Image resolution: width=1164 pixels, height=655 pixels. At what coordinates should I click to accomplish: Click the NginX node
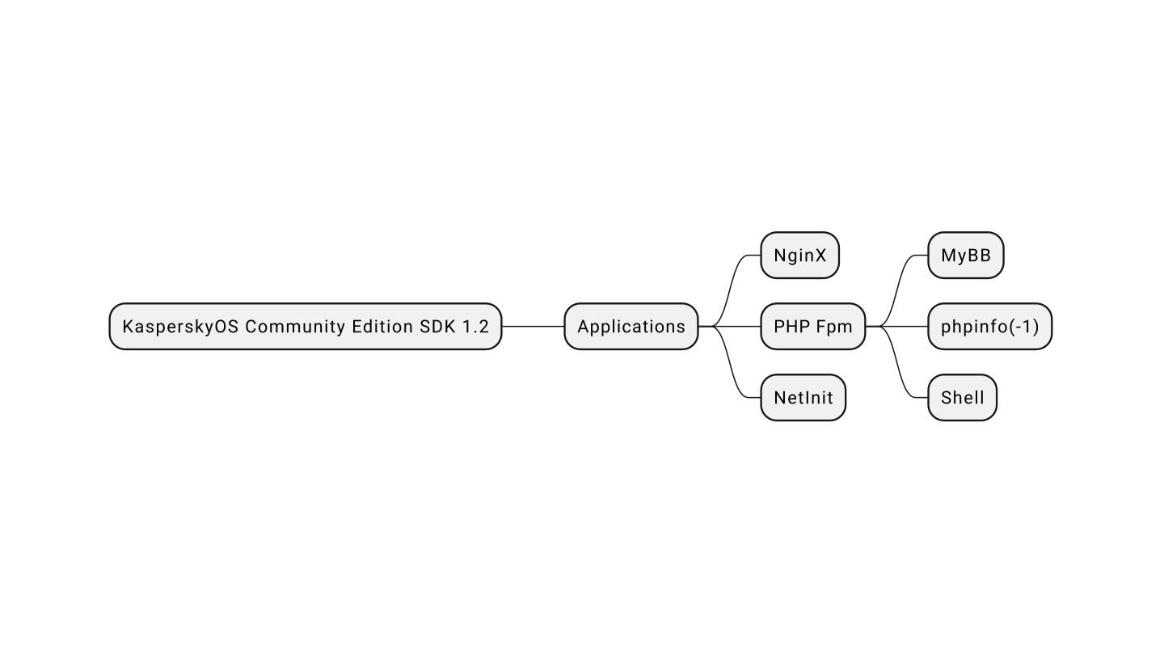coord(799,256)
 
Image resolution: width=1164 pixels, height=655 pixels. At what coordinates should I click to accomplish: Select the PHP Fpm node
coord(812,327)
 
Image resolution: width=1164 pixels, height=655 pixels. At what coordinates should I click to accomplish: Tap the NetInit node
coord(803,398)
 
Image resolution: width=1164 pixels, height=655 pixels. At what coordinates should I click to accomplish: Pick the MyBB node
coord(965,256)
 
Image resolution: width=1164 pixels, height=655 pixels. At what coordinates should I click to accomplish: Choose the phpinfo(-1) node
coord(989,327)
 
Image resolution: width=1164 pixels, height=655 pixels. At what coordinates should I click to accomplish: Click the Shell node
coord(962,398)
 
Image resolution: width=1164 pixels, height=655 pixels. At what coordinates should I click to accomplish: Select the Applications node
coord(630,327)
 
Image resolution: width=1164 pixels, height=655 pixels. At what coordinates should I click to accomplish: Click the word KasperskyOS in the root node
coord(179,327)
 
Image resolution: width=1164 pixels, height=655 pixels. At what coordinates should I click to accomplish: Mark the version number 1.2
coord(475,327)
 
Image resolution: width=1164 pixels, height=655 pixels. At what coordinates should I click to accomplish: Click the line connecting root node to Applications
coord(533,327)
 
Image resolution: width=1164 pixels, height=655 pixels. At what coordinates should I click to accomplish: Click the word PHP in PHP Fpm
coord(791,327)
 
